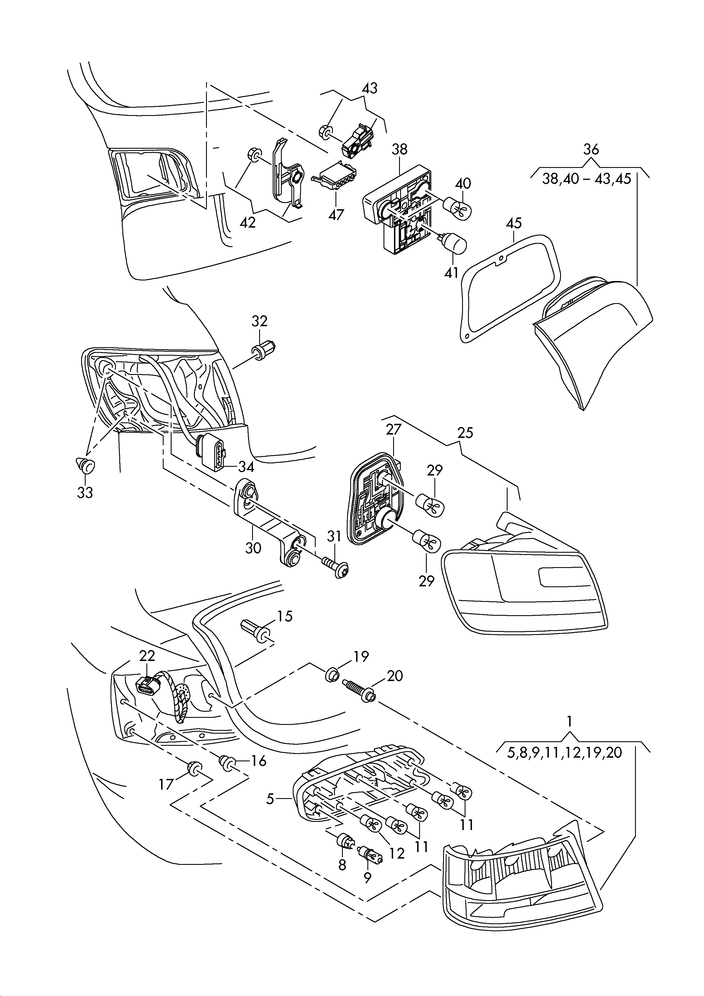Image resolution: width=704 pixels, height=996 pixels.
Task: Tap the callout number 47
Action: pos(336,214)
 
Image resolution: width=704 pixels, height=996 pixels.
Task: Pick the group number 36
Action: pos(590,149)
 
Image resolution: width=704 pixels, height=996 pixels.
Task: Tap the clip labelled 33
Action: pos(85,466)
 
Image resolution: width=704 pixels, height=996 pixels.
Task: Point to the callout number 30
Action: pos(253,548)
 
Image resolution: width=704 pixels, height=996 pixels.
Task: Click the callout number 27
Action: pos(394,429)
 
